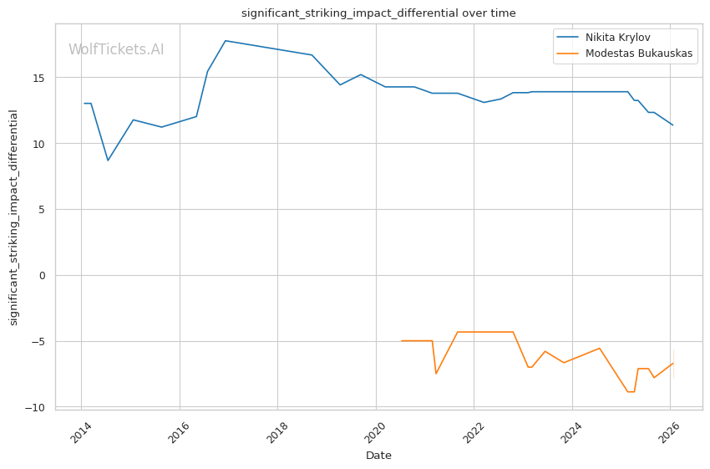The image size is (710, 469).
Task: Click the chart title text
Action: point(378,13)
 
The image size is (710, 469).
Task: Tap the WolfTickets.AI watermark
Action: point(116,50)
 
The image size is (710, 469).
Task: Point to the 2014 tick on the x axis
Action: point(82,433)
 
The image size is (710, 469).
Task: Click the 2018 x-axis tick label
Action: point(278,433)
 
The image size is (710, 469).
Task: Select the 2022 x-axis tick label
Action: point(474,433)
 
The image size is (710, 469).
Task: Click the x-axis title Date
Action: point(378,456)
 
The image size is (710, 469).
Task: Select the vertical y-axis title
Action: point(13,217)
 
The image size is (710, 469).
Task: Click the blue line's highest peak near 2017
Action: point(225,40)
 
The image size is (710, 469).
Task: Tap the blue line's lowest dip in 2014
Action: point(108,161)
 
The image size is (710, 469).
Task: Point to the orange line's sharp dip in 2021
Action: point(436,374)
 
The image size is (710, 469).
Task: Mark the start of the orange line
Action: point(402,341)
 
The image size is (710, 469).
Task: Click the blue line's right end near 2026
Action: point(672,125)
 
